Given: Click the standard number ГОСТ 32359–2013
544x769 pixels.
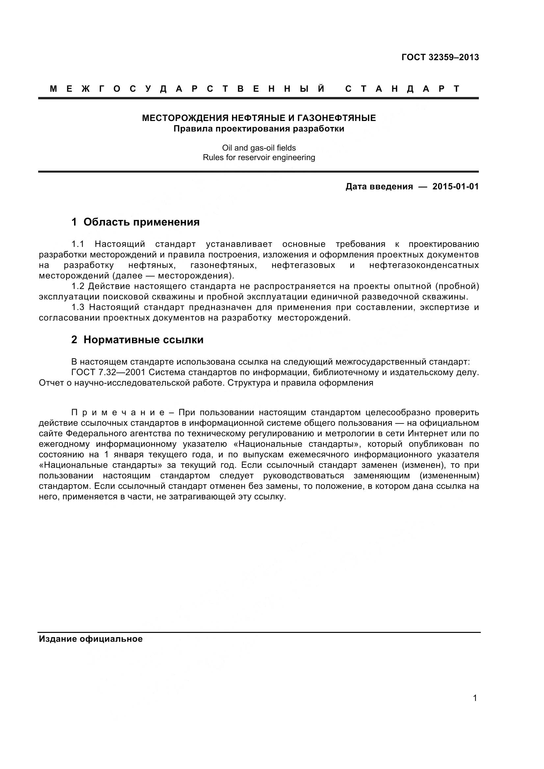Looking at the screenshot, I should tap(440, 57).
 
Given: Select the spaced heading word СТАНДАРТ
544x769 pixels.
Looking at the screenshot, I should tap(402, 89).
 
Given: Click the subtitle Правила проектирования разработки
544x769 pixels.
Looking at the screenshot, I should tap(259, 129).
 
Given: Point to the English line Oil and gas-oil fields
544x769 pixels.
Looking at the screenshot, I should tap(259, 148).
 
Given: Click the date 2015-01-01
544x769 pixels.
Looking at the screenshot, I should tap(455, 186).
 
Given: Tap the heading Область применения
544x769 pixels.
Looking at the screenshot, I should tap(142, 222).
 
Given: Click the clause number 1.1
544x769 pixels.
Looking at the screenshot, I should tap(77, 244).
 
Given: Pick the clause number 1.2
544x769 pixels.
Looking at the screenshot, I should tap(77, 286).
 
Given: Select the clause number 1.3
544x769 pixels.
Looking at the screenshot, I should tap(77, 307).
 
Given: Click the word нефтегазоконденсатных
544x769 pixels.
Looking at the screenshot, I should tap(424, 265).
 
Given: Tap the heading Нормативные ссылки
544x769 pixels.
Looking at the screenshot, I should tap(143, 340).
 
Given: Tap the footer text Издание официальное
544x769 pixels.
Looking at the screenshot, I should tap(91, 639).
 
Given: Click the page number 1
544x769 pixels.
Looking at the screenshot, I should tap(475, 698).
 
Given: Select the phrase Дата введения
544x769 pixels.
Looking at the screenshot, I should tap(379, 186).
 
